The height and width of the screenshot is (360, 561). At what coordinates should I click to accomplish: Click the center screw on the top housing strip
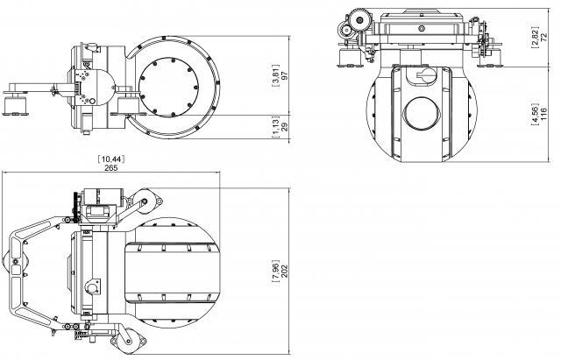coord(421,27)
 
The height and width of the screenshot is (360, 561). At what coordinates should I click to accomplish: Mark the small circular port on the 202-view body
coord(92,287)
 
